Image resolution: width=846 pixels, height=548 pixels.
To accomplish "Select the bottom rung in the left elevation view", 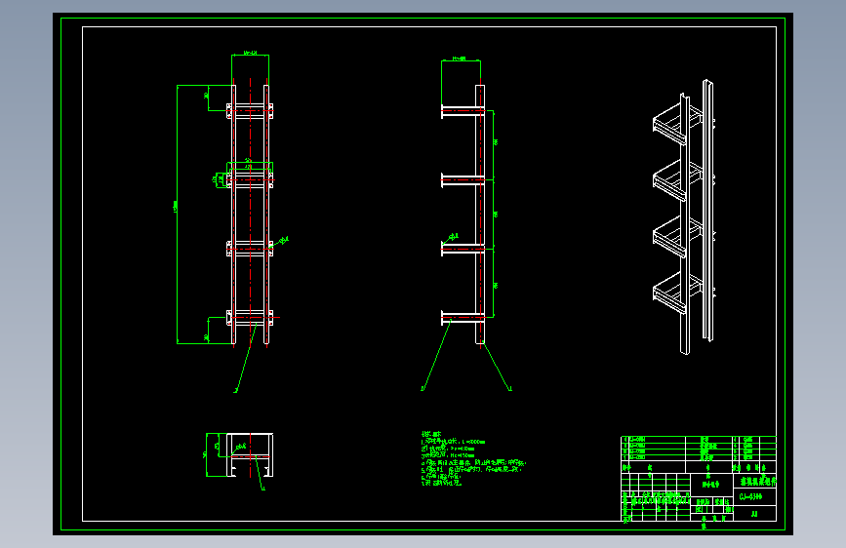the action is [x=250, y=317].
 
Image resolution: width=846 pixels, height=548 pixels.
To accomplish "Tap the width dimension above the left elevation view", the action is [x=249, y=54].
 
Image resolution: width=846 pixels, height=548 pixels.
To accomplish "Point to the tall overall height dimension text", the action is [x=176, y=210].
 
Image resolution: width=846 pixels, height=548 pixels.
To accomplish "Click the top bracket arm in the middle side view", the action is [x=460, y=112].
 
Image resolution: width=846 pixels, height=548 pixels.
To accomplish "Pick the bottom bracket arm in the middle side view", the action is [x=460, y=317].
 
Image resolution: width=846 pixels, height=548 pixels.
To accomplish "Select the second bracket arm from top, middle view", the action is [x=460, y=178].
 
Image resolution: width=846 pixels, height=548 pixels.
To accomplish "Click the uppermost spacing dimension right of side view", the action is [x=495, y=143].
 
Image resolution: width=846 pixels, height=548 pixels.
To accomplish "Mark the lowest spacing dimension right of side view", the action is [x=495, y=284].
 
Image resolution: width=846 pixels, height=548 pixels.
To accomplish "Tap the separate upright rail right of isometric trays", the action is [x=708, y=215].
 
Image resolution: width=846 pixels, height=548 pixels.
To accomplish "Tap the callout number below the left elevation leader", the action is [x=235, y=390].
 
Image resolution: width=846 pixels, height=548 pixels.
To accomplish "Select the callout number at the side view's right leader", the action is [x=511, y=389].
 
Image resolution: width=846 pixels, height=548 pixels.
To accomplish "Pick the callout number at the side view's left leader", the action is [x=423, y=389].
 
